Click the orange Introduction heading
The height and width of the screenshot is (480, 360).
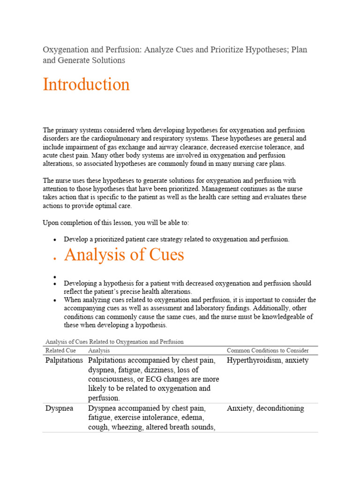(86, 85)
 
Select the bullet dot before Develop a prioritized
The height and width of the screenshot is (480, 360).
(55, 240)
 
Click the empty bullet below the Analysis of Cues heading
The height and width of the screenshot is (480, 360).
(55, 277)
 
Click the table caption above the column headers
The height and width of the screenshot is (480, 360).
(114, 342)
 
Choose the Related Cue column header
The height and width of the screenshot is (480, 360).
(60, 351)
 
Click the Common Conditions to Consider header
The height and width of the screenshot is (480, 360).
(268, 351)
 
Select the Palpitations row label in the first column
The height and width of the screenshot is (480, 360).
(64, 360)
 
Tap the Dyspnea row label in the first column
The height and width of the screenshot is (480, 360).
(60, 408)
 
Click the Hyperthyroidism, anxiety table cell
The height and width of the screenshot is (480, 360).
(268, 360)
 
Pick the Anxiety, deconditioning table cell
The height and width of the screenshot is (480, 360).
(265, 408)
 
